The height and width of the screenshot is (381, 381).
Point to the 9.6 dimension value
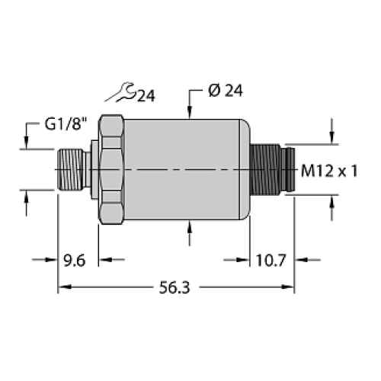click(75, 261)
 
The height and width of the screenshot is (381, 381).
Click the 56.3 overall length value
click(177, 290)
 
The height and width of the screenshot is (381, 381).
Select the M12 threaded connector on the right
click(271, 169)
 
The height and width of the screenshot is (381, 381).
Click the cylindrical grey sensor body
click(183, 169)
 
